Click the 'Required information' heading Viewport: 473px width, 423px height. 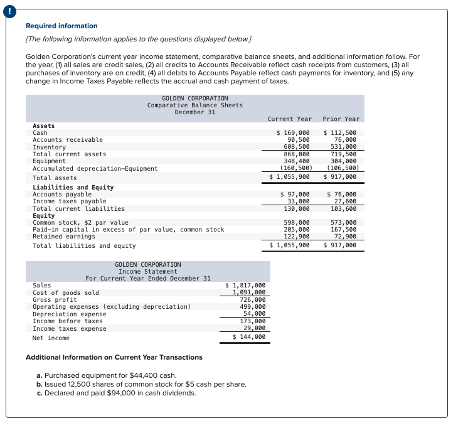point(61,26)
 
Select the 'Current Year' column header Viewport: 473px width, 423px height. point(289,119)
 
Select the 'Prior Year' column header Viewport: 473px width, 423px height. point(341,119)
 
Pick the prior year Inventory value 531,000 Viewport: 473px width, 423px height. point(343,147)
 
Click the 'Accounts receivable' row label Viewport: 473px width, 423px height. point(68,140)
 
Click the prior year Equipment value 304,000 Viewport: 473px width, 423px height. point(343,161)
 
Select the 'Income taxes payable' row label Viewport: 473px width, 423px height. point(70,201)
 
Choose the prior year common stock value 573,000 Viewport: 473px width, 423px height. point(343,222)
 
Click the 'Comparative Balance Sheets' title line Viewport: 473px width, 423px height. point(194,105)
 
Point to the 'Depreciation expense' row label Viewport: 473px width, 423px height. point(70,314)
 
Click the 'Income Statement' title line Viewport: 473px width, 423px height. point(148,272)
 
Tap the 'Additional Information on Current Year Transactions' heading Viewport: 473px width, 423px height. point(114,357)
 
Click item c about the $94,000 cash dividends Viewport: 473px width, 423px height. point(116,393)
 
